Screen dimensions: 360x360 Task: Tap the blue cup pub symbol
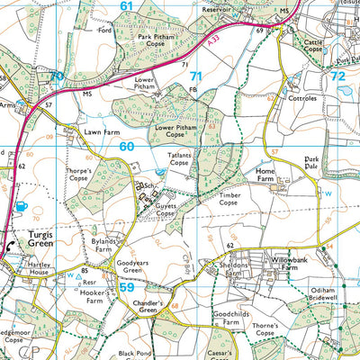22,206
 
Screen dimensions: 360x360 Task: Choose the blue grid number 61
126,6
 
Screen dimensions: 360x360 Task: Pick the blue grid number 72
338,77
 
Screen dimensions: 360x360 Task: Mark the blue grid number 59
127,288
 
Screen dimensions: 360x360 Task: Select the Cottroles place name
303,97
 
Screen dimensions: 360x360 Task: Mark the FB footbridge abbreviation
193,89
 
